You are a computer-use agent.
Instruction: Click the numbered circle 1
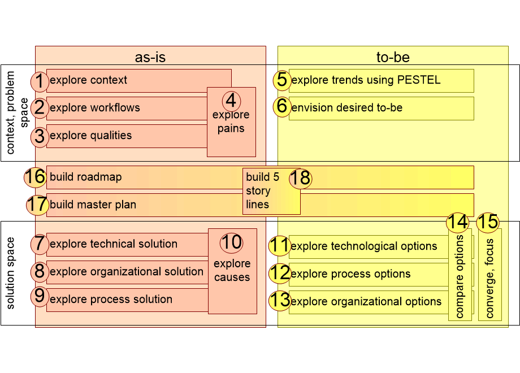pos(39,81)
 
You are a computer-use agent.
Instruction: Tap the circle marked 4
pos(231,101)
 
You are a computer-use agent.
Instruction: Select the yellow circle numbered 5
pos(281,80)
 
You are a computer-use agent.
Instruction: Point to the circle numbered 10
pos(231,242)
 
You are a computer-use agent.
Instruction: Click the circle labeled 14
pos(458,222)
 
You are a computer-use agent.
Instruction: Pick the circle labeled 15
pos(487,222)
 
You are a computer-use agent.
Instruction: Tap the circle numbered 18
pos(301,179)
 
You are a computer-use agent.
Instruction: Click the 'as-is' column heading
pos(150,57)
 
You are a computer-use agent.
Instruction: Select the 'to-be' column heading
pos(393,57)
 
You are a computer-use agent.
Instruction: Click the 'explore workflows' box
pos(127,108)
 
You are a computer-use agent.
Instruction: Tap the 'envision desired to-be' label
pos(347,107)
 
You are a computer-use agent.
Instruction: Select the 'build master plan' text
pos(93,205)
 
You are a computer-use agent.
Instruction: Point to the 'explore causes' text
pos(232,270)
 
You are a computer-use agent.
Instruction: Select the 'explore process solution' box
pos(127,300)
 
